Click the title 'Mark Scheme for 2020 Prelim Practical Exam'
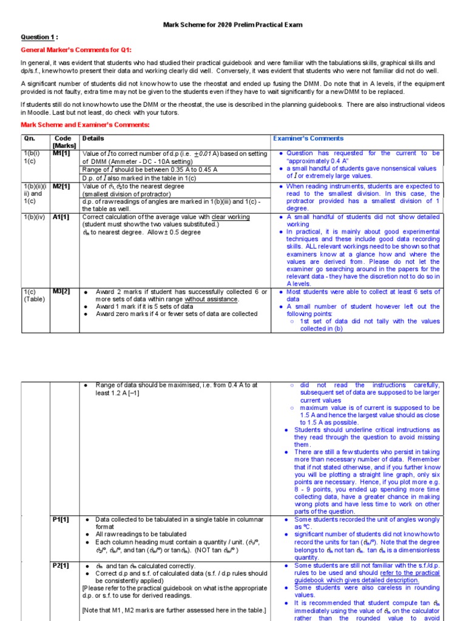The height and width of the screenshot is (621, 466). click(233, 25)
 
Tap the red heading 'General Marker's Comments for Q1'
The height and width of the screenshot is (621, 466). click(76, 50)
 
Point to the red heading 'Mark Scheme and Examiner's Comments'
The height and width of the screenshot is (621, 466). click(85, 124)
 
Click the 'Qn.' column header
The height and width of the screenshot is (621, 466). click(30, 139)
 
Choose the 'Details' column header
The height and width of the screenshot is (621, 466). click(93, 139)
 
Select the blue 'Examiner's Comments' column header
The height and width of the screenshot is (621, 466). click(308, 139)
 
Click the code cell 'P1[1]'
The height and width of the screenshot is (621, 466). click(61, 520)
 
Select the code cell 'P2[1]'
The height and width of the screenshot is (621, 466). click(61, 566)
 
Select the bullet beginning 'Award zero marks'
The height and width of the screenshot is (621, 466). click(177, 314)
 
